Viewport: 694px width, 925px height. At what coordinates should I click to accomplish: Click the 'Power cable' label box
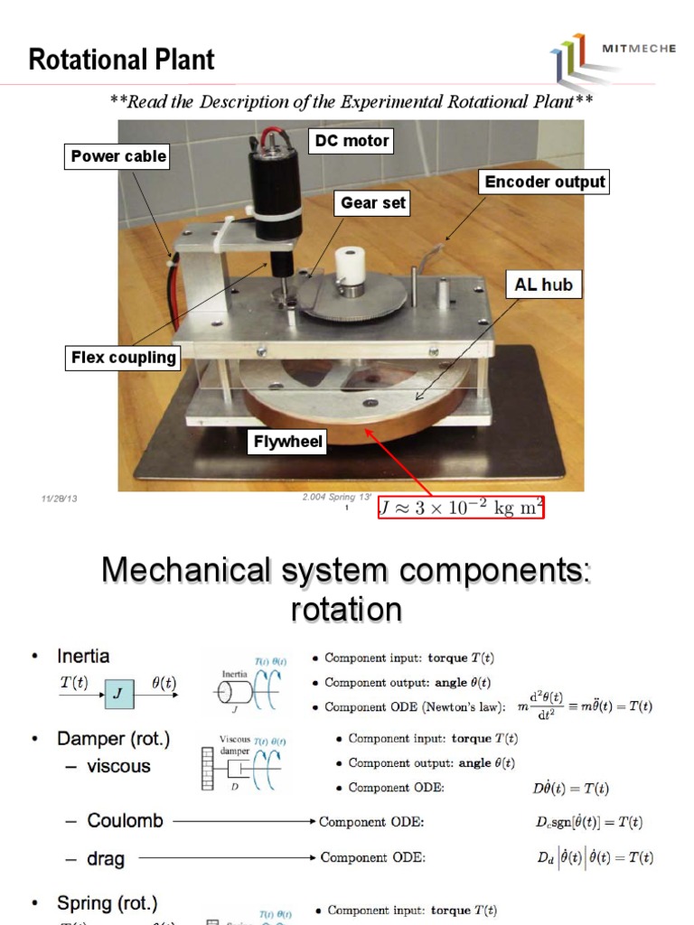click(118, 156)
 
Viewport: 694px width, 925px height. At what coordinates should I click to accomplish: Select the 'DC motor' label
click(352, 140)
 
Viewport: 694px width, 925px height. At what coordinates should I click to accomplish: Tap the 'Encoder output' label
click(544, 182)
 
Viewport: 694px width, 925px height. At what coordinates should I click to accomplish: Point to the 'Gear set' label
click(371, 203)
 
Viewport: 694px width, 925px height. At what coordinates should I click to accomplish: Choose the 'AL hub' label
click(542, 285)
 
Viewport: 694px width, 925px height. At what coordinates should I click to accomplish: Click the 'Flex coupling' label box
click(123, 358)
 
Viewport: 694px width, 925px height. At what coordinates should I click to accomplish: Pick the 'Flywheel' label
click(288, 443)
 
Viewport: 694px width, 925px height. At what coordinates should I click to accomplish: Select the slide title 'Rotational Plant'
click(122, 61)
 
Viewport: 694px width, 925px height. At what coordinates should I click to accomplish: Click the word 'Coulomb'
click(125, 821)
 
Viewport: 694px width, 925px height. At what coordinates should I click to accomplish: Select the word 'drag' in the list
click(106, 857)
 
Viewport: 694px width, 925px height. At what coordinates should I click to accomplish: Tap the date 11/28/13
click(60, 499)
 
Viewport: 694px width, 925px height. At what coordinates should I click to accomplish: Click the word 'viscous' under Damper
click(119, 766)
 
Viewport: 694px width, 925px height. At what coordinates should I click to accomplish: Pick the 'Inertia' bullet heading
click(83, 655)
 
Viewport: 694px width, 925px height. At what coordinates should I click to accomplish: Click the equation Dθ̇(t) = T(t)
click(570, 788)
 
